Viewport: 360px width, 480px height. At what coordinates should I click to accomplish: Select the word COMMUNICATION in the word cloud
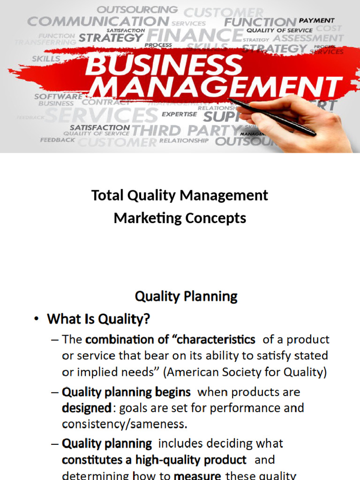97,22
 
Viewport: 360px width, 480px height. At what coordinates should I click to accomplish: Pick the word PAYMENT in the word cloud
317,21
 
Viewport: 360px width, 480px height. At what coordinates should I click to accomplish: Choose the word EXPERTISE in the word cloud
180,114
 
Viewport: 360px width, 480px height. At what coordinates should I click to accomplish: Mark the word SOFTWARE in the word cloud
58,97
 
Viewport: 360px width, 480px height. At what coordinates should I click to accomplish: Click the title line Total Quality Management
180,195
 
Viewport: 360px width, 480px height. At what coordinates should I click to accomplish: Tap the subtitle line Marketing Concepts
180,218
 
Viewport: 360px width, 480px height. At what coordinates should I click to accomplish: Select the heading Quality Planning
186,296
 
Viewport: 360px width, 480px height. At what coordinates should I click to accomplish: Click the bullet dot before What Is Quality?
37,320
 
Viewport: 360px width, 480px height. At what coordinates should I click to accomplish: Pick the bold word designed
87,408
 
